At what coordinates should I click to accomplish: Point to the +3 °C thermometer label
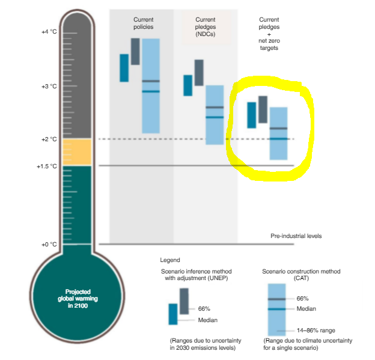pos(48,87)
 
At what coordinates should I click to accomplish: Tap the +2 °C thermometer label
pos(48,139)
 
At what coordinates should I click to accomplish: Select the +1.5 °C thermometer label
pos(46,166)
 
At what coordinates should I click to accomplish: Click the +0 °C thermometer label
pos(48,244)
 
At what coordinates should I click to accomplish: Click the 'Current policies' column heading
pos(143,23)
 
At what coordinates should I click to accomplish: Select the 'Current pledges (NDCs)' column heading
pos(205,27)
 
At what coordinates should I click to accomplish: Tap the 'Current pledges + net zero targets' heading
pos(268,34)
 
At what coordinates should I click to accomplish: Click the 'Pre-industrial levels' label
pos(296,236)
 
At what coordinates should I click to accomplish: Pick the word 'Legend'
pos(169,260)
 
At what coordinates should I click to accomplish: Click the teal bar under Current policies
pos(124,68)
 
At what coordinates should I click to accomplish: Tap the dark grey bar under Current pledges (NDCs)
pos(199,72)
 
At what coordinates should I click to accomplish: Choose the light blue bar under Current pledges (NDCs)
pos(215,129)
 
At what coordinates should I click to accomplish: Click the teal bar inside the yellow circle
pos(251,115)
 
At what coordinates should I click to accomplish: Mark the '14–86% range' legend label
pos(316,330)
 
